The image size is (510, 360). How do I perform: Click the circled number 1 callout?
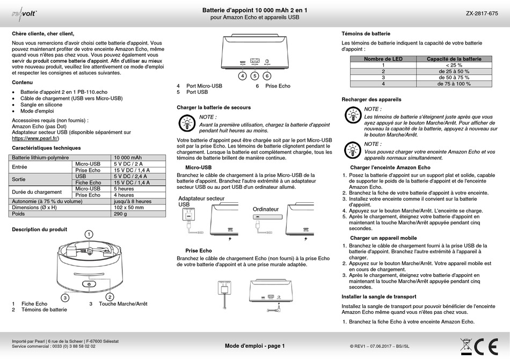tap(89, 234)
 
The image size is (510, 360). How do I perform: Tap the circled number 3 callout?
tap(65, 297)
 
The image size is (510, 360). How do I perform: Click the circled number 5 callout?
tap(254, 76)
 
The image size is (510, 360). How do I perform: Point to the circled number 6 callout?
tap(267, 76)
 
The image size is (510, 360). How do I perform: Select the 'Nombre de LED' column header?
tap(383, 59)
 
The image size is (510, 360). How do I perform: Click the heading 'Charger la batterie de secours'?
tap(214, 107)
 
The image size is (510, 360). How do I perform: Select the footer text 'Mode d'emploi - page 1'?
tap(254, 346)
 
